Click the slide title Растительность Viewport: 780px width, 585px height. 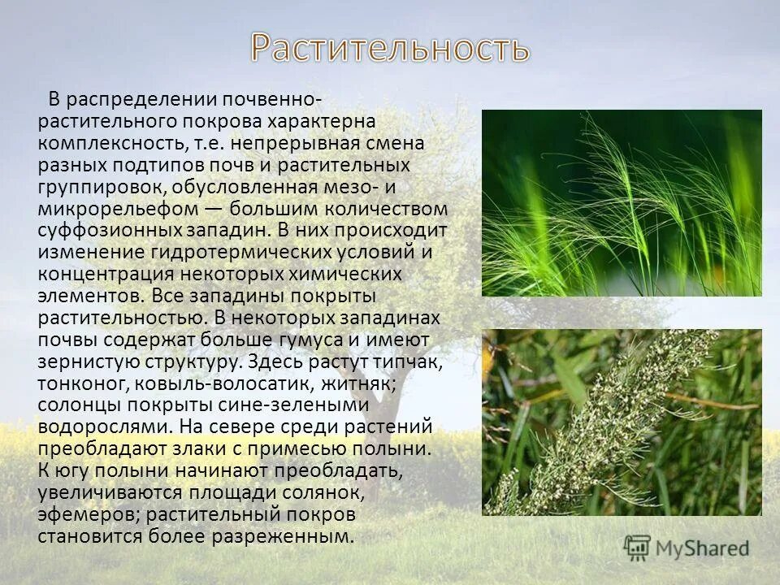(x=390, y=49)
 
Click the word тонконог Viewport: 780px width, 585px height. (x=76, y=383)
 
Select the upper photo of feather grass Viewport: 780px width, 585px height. (x=622, y=202)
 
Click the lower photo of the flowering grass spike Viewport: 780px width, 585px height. (x=622, y=422)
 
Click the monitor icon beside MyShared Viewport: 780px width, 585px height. (x=637, y=547)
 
